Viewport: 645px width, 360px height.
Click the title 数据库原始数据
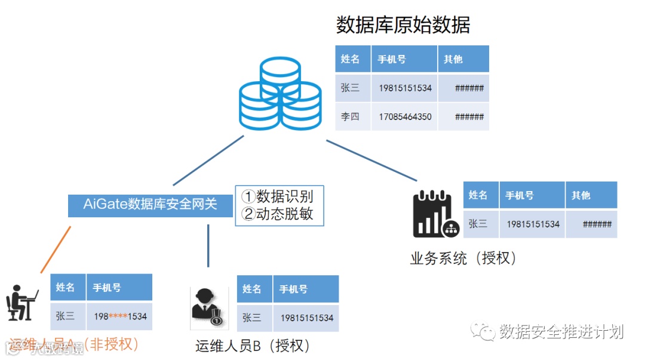click(x=403, y=25)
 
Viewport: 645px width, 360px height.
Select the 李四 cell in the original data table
click(x=351, y=116)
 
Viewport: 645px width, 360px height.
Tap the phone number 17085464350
click(x=405, y=116)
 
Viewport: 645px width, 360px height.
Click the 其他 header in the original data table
click(x=454, y=59)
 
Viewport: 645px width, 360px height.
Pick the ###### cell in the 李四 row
click(x=469, y=116)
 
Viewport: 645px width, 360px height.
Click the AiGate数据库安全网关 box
click(x=150, y=205)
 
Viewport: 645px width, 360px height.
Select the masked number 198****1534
click(x=120, y=316)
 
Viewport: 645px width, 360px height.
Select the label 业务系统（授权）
click(x=463, y=259)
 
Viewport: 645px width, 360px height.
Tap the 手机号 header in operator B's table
click(x=293, y=289)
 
